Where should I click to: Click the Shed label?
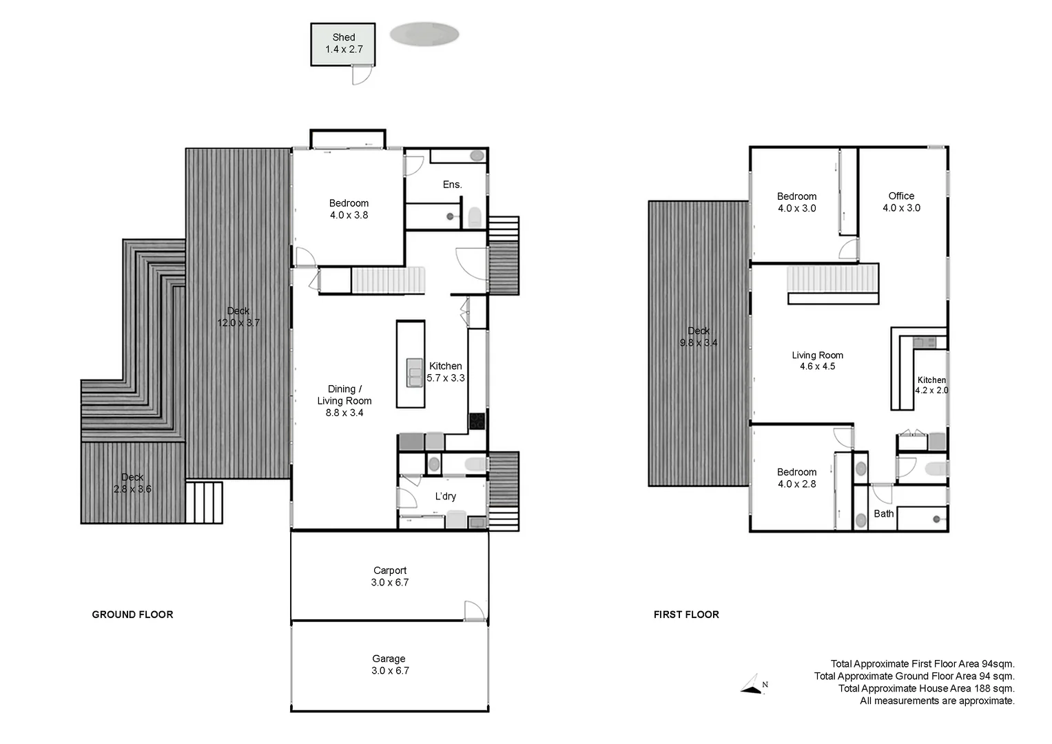point(344,43)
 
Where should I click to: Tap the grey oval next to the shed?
point(424,34)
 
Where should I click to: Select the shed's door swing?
point(362,74)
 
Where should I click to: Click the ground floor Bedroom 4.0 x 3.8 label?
point(349,209)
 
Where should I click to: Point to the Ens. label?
point(452,185)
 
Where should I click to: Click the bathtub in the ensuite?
point(457,156)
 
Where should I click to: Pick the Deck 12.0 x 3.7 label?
point(238,317)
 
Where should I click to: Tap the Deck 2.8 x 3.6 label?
point(132,483)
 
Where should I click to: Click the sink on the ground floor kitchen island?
point(414,373)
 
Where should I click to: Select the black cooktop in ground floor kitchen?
point(477,421)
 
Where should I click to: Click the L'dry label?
point(445,496)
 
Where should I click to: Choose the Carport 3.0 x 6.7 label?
point(390,577)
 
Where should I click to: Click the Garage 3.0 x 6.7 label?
point(390,665)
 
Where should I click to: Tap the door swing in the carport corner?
point(474,610)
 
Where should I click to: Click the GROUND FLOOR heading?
point(132,614)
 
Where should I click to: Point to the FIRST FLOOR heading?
point(686,614)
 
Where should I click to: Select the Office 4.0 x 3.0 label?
point(901,202)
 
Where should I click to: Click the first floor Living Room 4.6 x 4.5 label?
point(817,361)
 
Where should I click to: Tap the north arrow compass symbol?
point(754,685)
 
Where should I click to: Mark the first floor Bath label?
point(883,514)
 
